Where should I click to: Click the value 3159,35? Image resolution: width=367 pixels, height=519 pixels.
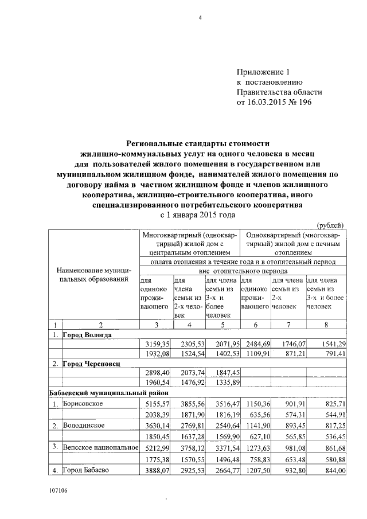tap(157, 344)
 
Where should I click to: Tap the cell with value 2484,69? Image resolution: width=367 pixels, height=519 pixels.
tap(254, 344)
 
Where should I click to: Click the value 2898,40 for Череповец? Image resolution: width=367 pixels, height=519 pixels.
tap(157, 373)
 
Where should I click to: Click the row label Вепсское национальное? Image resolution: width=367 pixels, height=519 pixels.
tap(98, 447)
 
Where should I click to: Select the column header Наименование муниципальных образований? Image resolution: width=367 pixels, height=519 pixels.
tap(93, 274)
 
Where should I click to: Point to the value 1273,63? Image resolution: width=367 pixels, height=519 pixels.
tap(254, 447)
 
